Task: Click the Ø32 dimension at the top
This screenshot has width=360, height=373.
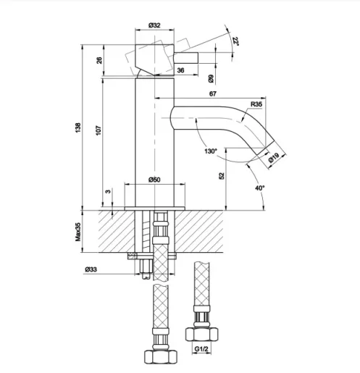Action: click(154, 25)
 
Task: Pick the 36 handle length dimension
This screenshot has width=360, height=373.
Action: click(180, 70)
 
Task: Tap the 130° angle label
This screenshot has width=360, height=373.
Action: click(211, 151)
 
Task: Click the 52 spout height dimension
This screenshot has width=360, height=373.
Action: click(222, 175)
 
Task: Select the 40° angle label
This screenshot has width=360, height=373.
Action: click(259, 188)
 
